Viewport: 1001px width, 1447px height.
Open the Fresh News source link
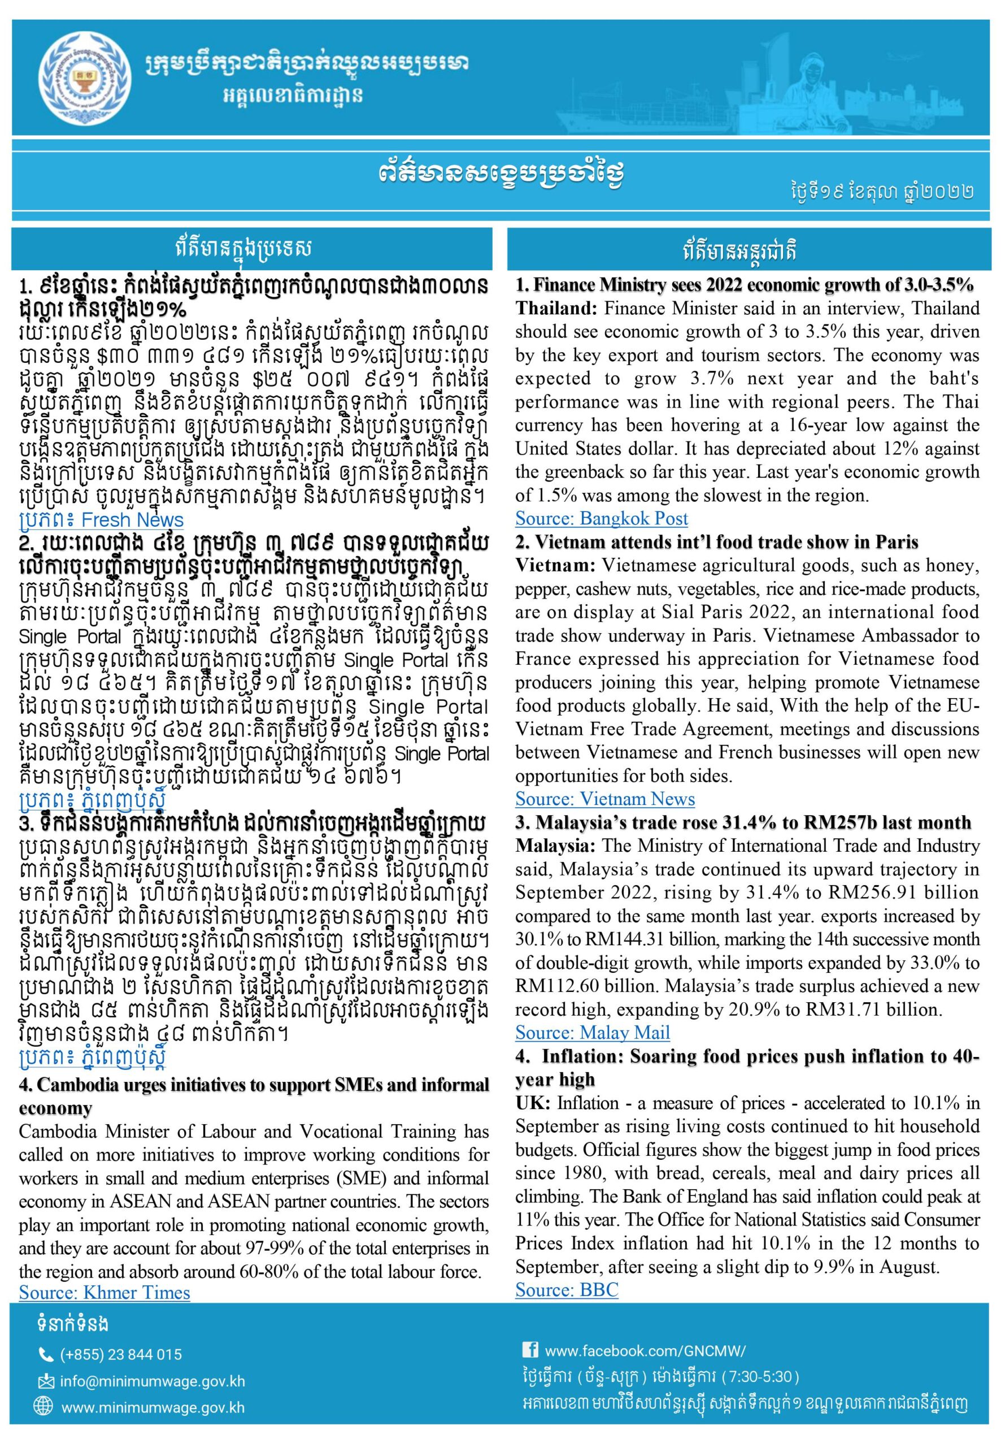click(x=101, y=519)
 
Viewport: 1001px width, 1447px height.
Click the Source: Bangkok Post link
click(x=601, y=518)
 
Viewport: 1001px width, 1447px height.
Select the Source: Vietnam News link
click(x=604, y=799)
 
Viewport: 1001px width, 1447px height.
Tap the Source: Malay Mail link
click(x=592, y=1032)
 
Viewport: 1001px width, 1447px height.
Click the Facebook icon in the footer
click(x=529, y=1350)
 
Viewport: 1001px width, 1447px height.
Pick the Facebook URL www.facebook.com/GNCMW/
click(x=645, y=1350)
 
